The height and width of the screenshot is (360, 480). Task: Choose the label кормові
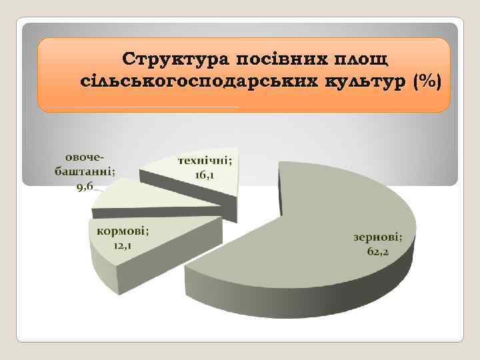[123, 231]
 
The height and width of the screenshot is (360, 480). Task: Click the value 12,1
[122, 245]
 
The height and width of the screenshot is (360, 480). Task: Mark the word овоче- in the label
[85, 157]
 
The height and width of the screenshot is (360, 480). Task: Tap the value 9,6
[85, 185]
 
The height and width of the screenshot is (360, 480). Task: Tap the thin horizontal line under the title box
[140, 107]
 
